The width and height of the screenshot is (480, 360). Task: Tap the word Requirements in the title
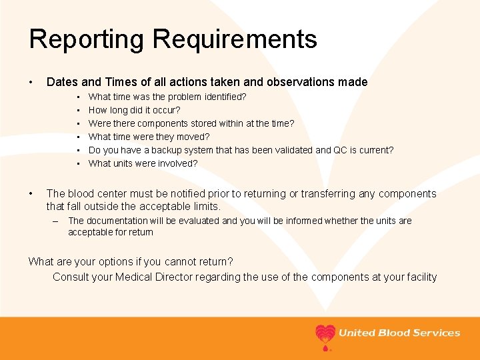235,39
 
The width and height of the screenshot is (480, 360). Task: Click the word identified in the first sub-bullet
223,97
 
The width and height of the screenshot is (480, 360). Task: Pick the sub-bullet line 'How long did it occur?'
134,110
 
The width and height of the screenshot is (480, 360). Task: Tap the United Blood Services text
399,333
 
